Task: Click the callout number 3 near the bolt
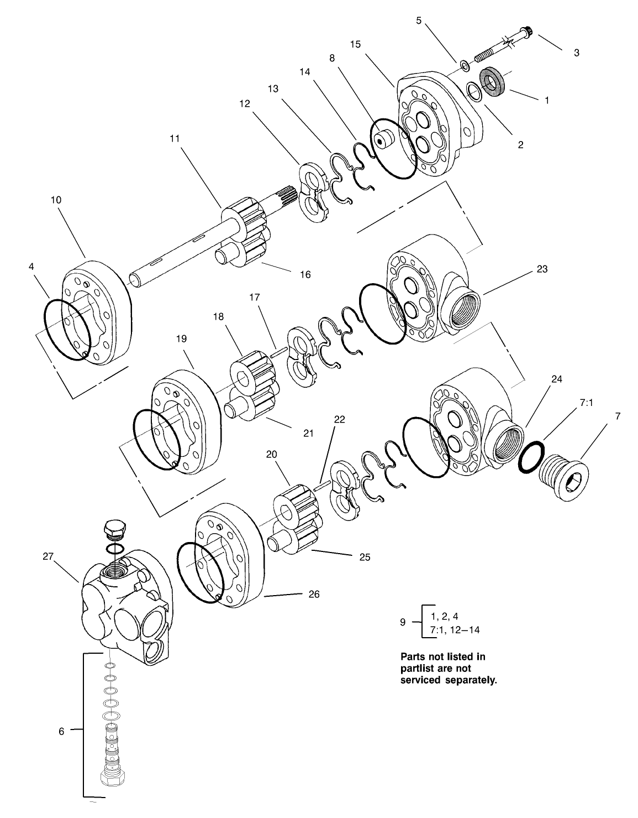pos(576,53)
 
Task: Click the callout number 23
pos(542,269)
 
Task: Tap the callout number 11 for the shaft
pos(175,139)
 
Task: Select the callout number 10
pos(56,200)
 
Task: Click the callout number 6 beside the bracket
pos(61,731)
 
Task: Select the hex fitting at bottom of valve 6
pos(115,777)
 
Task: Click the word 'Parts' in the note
pos(413,657)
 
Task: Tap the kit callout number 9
pos(403,622)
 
